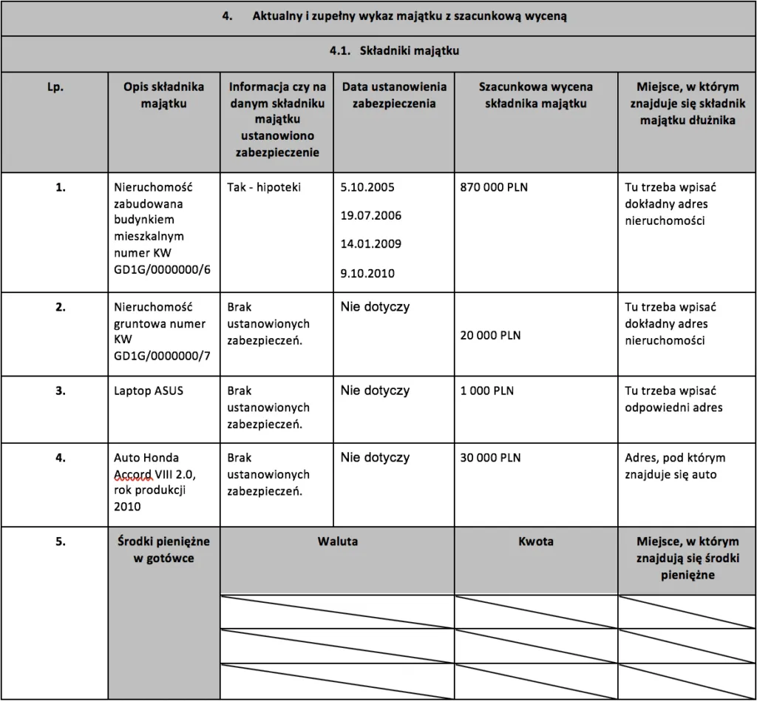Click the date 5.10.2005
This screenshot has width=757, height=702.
[x=367, y=188]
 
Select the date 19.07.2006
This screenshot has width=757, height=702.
[x=370, y=215]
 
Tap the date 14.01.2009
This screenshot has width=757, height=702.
[x=370, y=243]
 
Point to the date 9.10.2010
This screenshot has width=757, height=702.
[x=367, y=273]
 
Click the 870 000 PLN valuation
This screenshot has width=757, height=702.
[x=494, y=188]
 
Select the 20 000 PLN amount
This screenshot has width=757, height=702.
[x=490, y=335]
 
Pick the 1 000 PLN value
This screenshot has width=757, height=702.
[x=487, y=391]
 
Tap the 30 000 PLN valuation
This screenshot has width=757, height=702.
[x=490, y=458]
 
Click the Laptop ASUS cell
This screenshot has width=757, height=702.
[x=149, y=391]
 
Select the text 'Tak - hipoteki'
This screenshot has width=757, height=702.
[x=264, y=188]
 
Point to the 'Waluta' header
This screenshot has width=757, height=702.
[x=337, y=541]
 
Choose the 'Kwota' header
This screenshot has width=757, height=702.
[x=536, y=541]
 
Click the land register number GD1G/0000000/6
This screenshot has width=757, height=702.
[x=163, y=269]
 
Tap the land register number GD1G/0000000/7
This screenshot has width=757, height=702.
[x=163, y=357]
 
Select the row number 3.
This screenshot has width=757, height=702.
[x=61, y=391]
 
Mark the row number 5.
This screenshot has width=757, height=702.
[x=61, y=541]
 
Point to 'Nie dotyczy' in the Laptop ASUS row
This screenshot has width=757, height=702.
[x=375, y=391]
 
